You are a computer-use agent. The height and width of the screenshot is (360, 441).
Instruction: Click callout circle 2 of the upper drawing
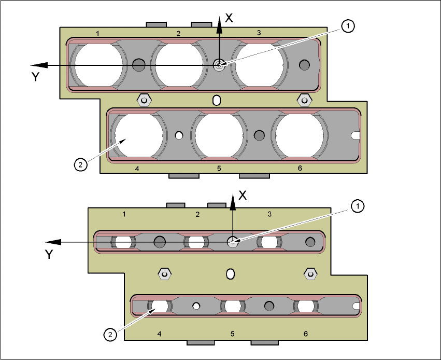point(79,165)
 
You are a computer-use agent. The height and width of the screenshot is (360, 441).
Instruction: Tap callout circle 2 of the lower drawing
point(109,335)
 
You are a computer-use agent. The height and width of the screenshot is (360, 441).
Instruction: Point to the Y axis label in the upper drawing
point(36,77)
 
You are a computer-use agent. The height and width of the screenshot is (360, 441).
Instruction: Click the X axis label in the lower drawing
point(241,196)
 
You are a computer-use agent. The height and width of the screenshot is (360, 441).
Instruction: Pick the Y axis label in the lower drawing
point(49,254)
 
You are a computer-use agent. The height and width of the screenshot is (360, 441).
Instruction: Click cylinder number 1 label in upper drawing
point(98,34)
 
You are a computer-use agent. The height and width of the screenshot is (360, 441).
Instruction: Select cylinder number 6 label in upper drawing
point(300,169)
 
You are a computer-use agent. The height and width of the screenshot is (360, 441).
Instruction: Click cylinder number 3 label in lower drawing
point(269,214)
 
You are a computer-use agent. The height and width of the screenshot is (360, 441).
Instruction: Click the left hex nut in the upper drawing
point(143,99)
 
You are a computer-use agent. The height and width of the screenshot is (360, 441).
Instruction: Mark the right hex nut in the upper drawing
point(304,99)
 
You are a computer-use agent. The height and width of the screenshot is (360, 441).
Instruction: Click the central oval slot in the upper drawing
point(217,99)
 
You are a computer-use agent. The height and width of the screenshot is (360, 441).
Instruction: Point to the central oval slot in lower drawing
point(231,273)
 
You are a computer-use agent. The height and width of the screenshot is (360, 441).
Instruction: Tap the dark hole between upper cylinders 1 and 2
point(138,65)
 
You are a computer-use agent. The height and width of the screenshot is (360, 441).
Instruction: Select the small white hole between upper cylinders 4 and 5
point(179,135)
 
